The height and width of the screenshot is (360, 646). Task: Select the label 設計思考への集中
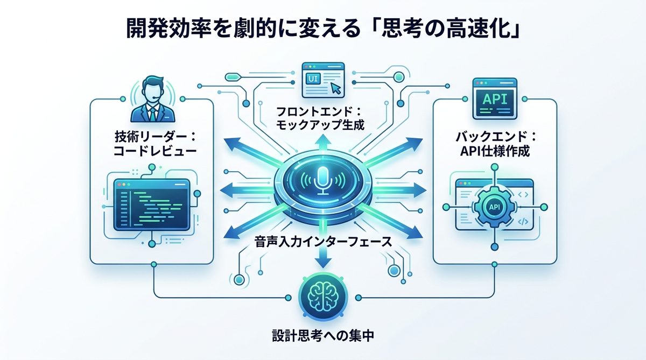coord(322,337)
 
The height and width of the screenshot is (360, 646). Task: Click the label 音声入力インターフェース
coord(322,243)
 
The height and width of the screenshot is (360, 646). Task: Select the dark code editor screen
coord(152,203)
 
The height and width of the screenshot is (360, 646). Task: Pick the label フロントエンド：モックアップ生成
coord(322,119)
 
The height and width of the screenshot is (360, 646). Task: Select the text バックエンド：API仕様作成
coord(494,144)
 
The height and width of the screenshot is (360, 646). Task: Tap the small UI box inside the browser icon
coord(313,79)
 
